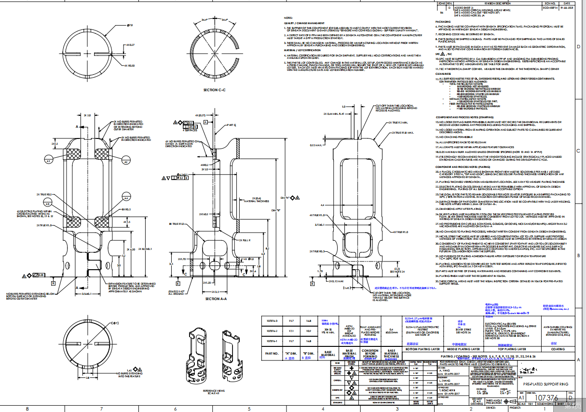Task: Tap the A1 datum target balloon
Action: [49, 160]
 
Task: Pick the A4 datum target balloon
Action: [126, 198]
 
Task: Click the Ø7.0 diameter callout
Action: [130, 25]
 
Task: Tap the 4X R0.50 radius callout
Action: [129, 66]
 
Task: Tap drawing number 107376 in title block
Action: [547, 398]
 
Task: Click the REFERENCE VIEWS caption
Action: [217, 390]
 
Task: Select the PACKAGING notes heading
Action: [443, 22]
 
